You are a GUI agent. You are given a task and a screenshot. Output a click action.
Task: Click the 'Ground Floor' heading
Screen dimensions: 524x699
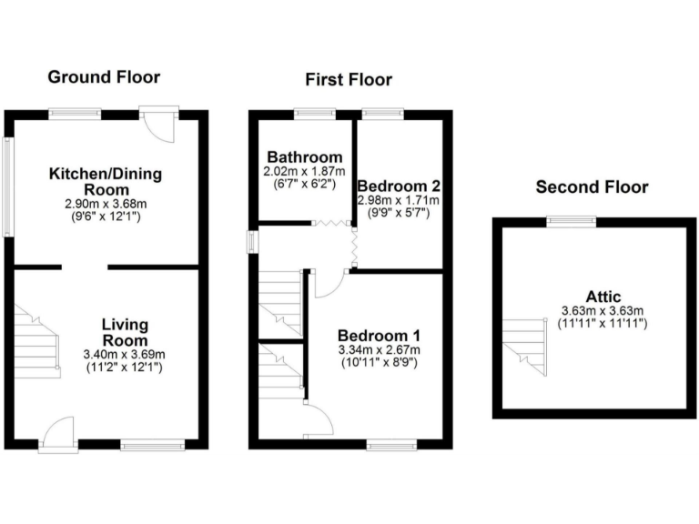104,76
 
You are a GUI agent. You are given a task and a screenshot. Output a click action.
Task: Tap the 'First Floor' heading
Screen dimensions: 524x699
349,80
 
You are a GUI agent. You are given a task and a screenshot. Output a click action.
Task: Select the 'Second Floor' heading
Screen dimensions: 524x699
592,187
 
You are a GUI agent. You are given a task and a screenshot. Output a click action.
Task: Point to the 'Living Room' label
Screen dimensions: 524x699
125,332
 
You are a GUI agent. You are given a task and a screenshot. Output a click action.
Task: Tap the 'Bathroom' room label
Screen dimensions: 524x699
303,157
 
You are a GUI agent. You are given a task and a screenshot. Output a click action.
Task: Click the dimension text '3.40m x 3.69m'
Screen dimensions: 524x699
125,355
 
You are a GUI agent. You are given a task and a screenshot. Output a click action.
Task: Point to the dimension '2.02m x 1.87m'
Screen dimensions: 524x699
304,171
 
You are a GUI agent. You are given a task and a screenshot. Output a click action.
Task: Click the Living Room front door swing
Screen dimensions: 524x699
59,430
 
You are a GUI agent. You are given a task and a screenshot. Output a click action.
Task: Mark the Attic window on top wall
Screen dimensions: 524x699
571,219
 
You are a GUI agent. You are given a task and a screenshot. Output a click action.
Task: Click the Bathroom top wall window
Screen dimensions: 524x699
315,114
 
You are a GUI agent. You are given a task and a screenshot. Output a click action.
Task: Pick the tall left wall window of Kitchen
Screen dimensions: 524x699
8,186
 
